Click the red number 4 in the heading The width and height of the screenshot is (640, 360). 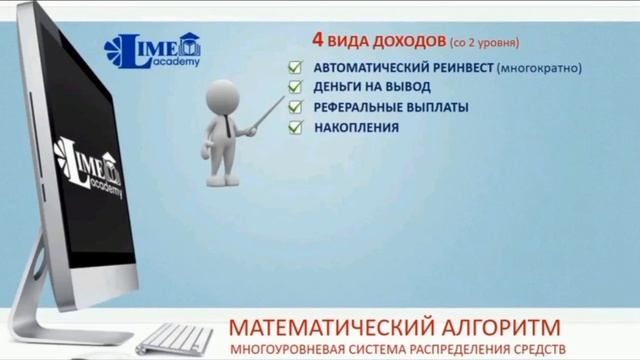tap(317, 42)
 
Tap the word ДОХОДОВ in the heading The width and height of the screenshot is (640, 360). tap(403, 43)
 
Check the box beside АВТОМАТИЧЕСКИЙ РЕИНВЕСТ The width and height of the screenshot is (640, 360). tap(295, 67)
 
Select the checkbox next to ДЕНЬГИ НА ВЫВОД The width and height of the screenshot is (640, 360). tap(295, 87)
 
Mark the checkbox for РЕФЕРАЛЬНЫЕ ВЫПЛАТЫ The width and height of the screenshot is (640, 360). tap(295, 107)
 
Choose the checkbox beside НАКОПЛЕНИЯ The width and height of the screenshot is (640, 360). tap(295, 127)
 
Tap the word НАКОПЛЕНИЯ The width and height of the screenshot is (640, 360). tap(356, 127)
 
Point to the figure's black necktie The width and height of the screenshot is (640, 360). tap(228, 127)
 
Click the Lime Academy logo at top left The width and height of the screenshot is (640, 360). tap(153, 50)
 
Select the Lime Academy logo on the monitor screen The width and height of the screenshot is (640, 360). tap(89, 167)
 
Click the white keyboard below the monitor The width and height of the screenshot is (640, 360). tap(174, 337)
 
